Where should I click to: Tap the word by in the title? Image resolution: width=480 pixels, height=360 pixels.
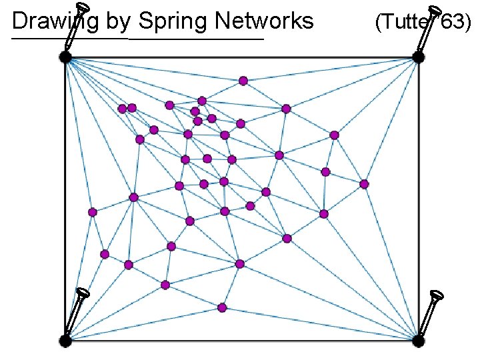click(x=119, y=22)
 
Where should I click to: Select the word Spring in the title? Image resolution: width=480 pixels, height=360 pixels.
click(x=170, y=22)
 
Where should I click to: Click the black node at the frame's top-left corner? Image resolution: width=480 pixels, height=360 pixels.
click(x=65, y=57)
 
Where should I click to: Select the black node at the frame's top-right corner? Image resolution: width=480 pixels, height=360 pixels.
click(x=418, y=57)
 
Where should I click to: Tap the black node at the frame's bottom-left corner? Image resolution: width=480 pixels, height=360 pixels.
click(x=65, y=341)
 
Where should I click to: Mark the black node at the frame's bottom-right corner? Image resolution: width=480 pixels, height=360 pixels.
click(x=418, y=341)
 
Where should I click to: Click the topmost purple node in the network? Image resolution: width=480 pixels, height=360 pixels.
click(x=243, y=81)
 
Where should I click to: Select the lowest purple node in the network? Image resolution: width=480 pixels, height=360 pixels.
click(x=222, y=307)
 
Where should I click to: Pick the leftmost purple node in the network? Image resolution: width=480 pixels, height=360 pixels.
click(x=93, y=212)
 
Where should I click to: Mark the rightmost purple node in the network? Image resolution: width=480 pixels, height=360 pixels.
click(x=364, y=184)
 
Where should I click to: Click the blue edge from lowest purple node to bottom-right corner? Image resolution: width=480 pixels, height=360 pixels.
click(x=320, y=324)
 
